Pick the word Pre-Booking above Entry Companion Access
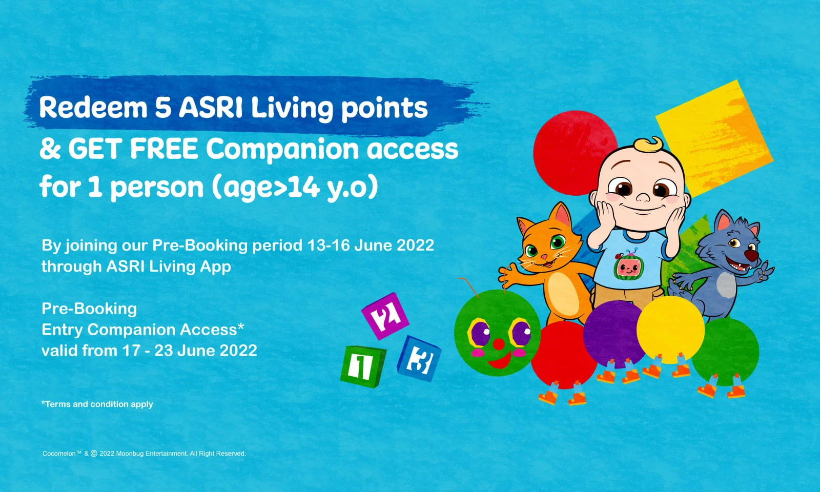pyautogui.click(x=89, y=309)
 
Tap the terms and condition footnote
pyautogui.click(x=97, y=404)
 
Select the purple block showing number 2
pyautogui.click(x=385, y=315)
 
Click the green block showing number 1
pyautogui.click(x=362, y=365)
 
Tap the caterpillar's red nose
pyautogui.click(x=497, y=341)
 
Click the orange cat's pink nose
pyautogui.click(x=544, y=256)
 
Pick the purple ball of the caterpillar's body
pyautogui.click(x=614, y=333)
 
